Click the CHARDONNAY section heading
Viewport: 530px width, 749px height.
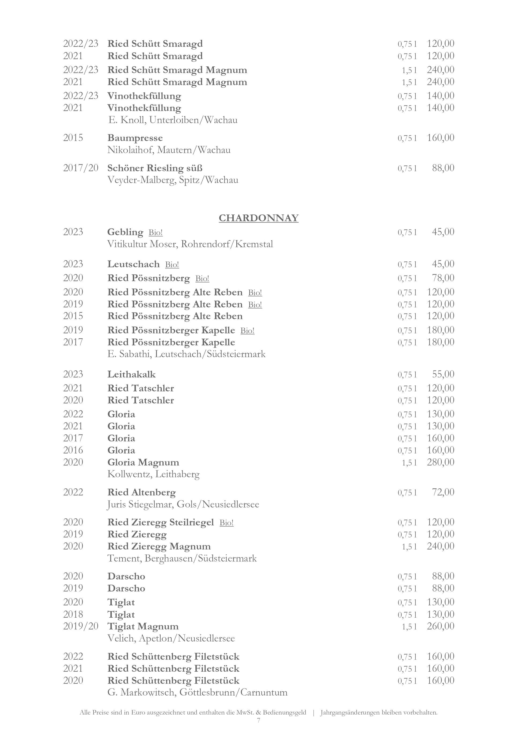tap(259, 218)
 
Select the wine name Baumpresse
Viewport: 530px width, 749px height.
tap(135, 138)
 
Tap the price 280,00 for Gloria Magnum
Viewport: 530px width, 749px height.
tap(441, 462)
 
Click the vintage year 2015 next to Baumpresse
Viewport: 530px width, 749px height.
tap(73, 138)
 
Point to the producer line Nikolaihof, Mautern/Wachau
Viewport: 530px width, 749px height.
tap(169, 150)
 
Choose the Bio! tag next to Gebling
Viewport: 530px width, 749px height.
tap(156, 233)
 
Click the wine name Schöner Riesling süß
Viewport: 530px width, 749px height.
tap(155, 168)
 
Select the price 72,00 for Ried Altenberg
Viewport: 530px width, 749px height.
tap(443, 492)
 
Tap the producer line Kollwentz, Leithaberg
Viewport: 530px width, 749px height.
tap(153, 474)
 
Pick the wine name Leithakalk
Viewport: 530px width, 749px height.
tap(131, 374)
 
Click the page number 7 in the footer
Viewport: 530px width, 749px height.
tap(259, 720)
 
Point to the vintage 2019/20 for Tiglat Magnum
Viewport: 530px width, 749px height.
tap(81, 626)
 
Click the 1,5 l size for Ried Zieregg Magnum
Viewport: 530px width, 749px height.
tap(409, 547)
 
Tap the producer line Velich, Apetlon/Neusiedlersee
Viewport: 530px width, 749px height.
tap(171, 639)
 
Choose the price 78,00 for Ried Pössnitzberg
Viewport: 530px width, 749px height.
tap(443, 278)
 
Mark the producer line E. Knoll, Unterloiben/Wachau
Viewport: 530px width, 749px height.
tap(173, 120)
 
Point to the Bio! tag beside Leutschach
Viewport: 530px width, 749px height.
tap(172, 265)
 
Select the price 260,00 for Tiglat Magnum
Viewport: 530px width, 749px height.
tap(441, 626)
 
